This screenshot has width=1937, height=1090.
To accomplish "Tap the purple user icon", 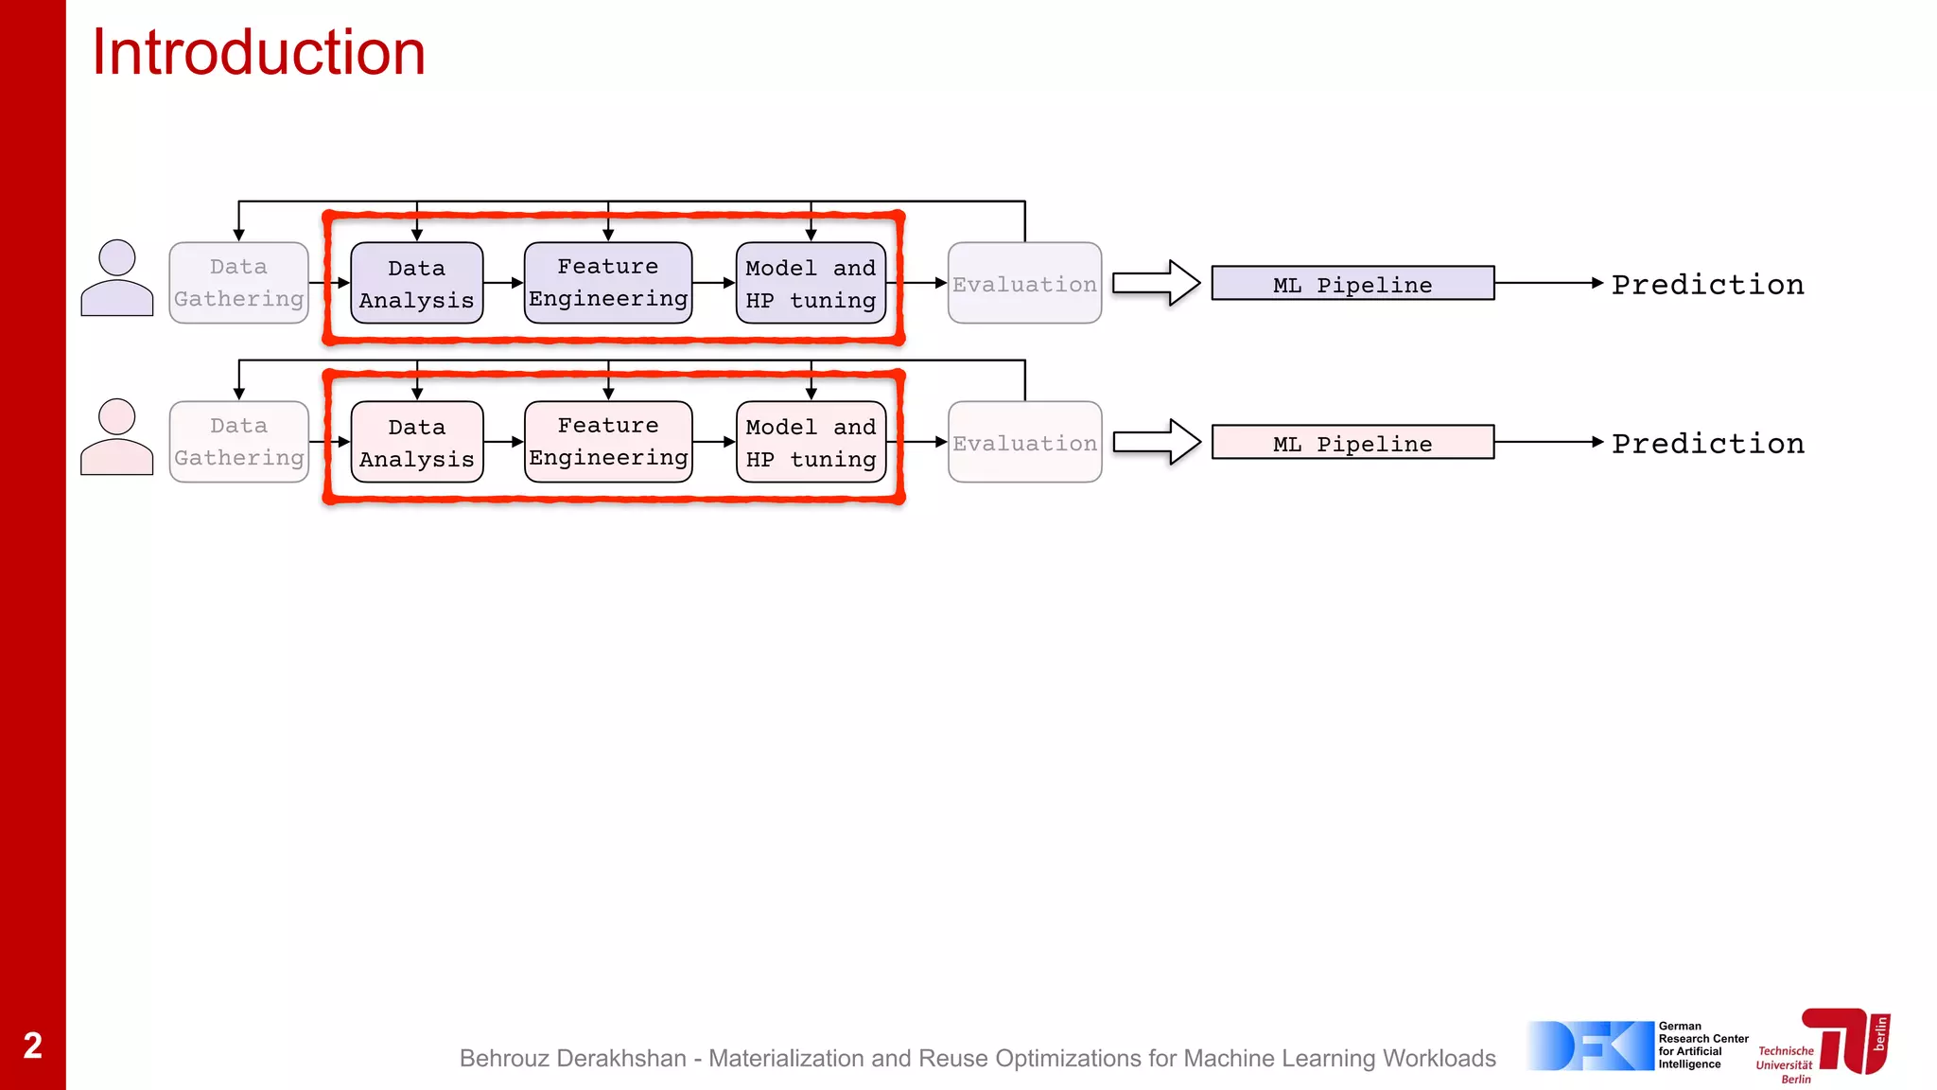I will point(117,278).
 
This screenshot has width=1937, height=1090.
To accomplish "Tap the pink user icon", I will point(117,437).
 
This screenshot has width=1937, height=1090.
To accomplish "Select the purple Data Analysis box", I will point(417,283).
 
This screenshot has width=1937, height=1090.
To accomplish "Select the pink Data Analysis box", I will point(417,442).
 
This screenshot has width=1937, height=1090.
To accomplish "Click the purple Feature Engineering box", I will point(608,283).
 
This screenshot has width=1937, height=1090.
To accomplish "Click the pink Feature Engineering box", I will point(608,442).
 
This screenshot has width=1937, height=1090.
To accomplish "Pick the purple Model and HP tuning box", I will point(811,283).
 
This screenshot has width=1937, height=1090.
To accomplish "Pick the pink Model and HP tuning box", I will point(811,442).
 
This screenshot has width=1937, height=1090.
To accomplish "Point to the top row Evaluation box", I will point(1024,283).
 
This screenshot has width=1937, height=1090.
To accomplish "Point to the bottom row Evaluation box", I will point(1024,442).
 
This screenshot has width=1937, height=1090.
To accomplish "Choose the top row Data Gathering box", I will point(239,283).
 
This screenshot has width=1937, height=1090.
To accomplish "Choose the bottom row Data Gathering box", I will point(239,442).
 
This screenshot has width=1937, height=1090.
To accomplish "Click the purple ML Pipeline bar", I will point(1352,283).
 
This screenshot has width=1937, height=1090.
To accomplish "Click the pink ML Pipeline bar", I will point(1352,442).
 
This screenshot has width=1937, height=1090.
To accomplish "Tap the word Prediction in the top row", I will point(1708,284).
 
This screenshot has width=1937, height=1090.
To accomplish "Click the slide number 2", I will point(32,1046).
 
